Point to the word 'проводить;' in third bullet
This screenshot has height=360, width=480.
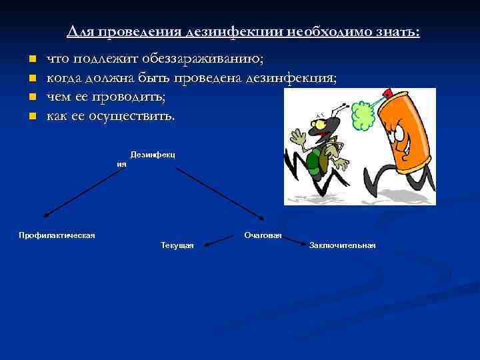131,97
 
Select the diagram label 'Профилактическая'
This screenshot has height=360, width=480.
57,235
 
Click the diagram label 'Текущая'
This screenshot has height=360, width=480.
177,245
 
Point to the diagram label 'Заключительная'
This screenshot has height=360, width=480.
342,245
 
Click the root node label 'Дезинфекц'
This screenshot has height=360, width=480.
152,155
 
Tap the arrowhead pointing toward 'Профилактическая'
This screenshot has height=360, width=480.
46,215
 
